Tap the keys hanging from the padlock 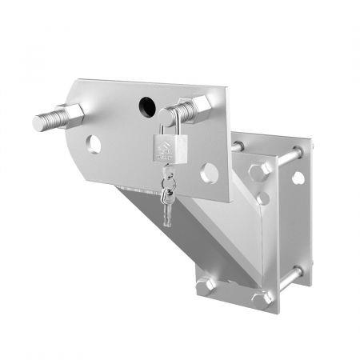[167, 195]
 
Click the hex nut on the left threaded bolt [71, 117]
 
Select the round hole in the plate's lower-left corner [94, 144]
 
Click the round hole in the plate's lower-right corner [210, 170]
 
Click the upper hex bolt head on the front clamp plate [258, 171]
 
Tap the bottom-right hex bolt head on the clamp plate [261, 298]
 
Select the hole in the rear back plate [298, 177]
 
